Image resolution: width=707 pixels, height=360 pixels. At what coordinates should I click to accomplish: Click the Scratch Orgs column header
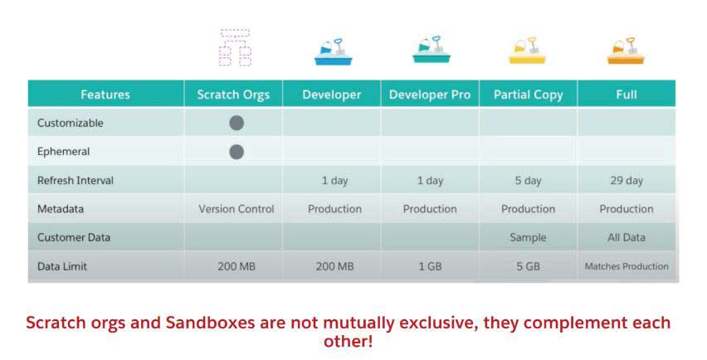coord(233,95)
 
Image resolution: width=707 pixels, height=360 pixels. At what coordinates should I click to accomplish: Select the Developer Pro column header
coord(430,95)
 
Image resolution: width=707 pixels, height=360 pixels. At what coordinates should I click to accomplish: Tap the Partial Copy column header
coord(528,95)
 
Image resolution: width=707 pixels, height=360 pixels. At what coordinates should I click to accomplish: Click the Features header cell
coord(105,95)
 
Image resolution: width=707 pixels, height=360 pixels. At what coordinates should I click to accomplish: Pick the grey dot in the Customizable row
coord(236,123)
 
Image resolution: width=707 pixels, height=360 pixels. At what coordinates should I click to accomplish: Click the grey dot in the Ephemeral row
coord(236,152)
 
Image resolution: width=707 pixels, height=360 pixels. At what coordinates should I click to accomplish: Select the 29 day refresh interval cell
coord(627,181)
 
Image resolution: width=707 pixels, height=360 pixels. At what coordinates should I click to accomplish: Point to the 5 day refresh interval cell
coord(528,181)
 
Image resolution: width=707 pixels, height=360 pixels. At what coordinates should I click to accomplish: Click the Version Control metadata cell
coord(236,209)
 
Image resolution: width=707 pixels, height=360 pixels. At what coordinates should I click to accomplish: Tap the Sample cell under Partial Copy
coord(528,237)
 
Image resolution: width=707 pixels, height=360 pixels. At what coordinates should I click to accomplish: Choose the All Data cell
coord(627,237)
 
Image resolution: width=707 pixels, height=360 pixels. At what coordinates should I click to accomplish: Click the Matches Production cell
coord(627,266)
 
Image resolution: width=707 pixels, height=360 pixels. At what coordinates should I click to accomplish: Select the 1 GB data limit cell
coord(430,266)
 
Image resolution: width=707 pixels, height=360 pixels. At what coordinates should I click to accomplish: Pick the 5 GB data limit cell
coord(528,266)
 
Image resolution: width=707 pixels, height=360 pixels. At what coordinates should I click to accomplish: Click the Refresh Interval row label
coord(76,181)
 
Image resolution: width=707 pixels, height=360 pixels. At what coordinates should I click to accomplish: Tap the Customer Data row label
coord(74,237)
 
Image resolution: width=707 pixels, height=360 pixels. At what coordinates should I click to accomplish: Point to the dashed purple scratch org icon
coord(235,47)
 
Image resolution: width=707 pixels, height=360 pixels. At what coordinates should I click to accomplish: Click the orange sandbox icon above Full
coord(626,51)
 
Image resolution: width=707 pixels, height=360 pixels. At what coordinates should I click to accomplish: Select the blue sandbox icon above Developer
coord(334,51)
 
